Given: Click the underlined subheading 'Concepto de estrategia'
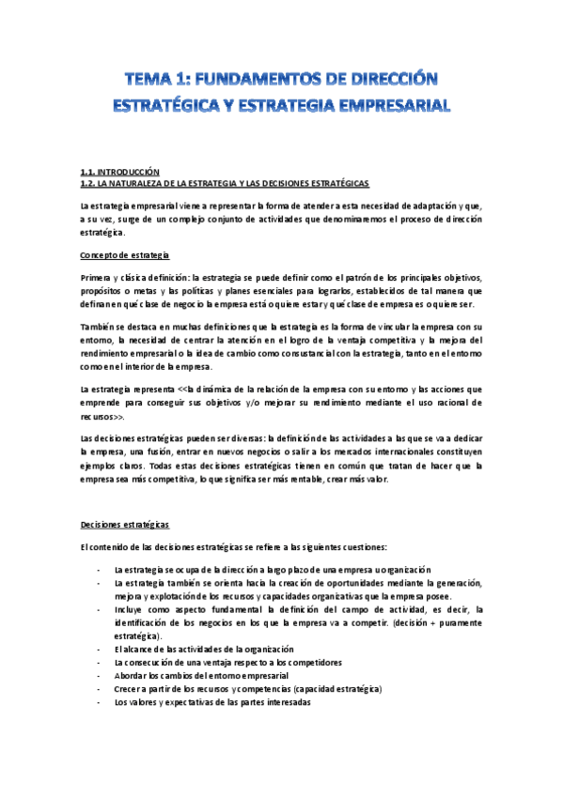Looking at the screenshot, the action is tap(125, 254).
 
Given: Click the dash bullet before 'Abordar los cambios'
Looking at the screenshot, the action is tap(100, 675).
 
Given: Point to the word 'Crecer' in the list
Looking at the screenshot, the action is tap(128, 688).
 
